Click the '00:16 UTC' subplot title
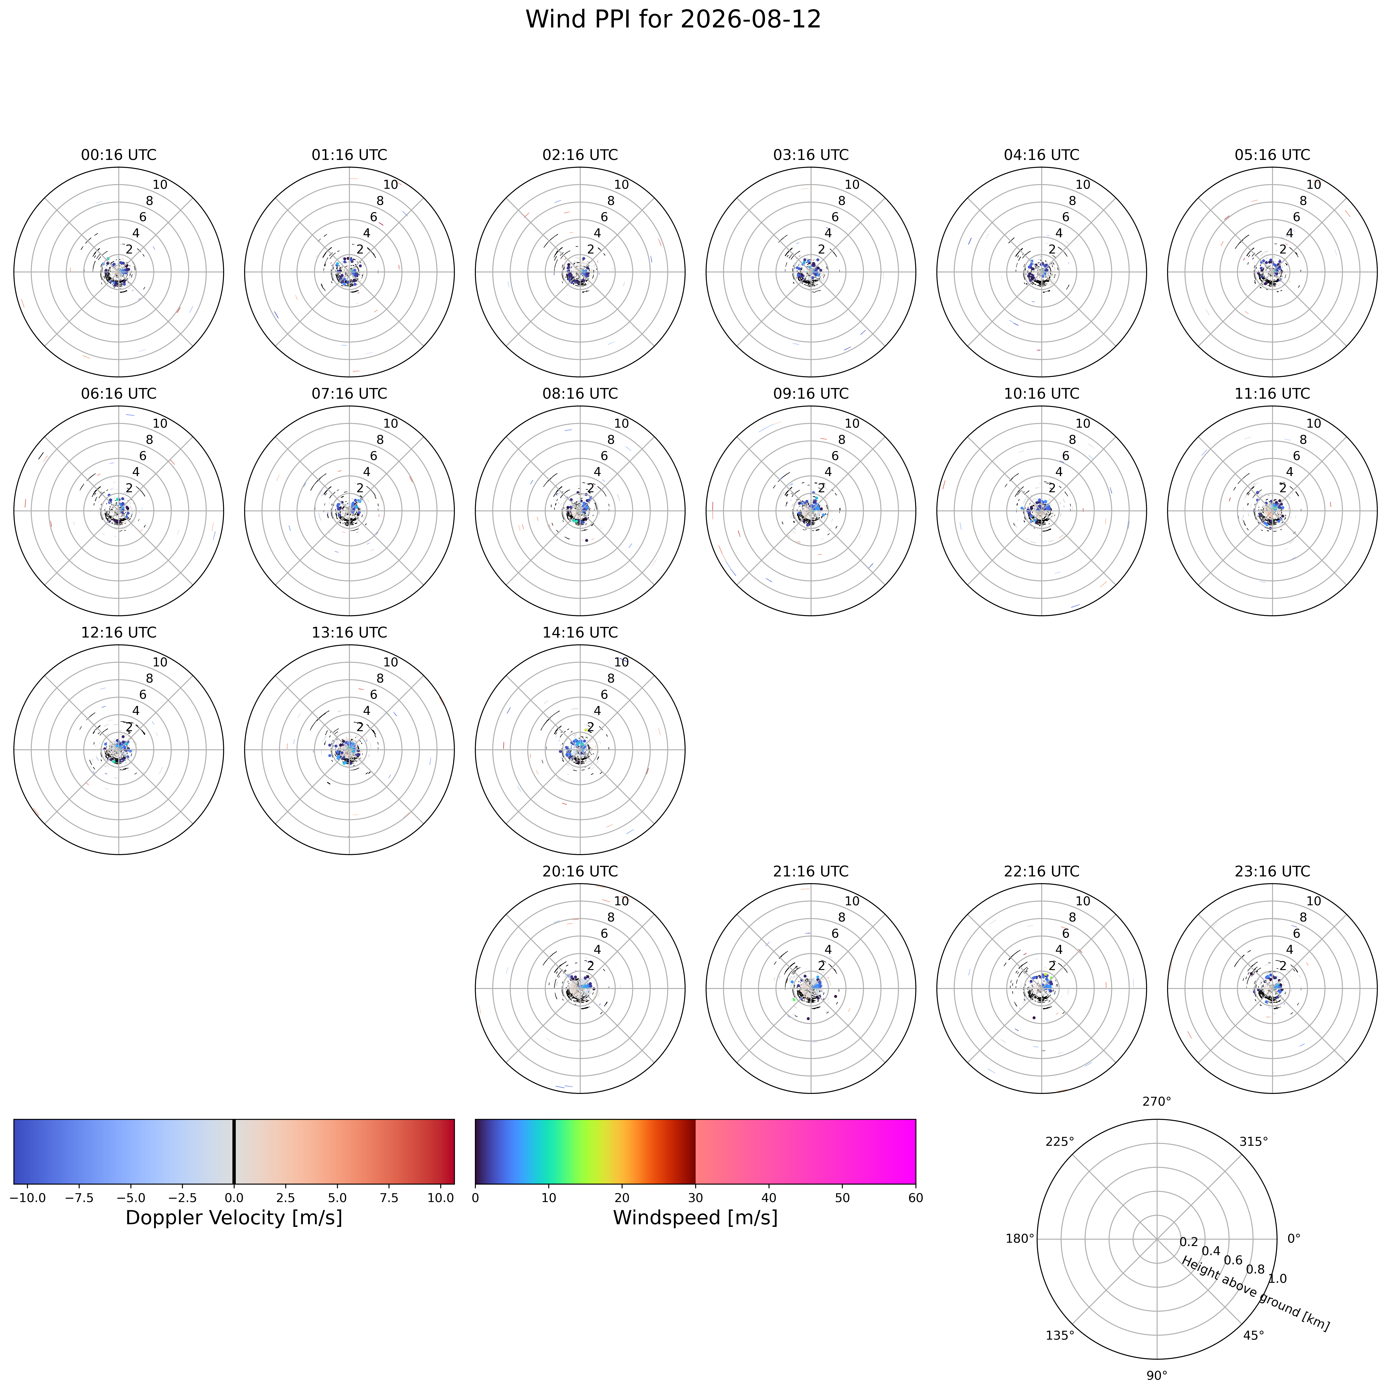point(119,155)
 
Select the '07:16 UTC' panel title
point(349,394)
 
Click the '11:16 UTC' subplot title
point(1272,394)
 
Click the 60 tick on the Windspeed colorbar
point(915,1198)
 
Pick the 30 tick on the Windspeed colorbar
point(695,1198)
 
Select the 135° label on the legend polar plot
point(1060,1336)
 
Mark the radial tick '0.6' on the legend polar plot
point(1233,1259)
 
